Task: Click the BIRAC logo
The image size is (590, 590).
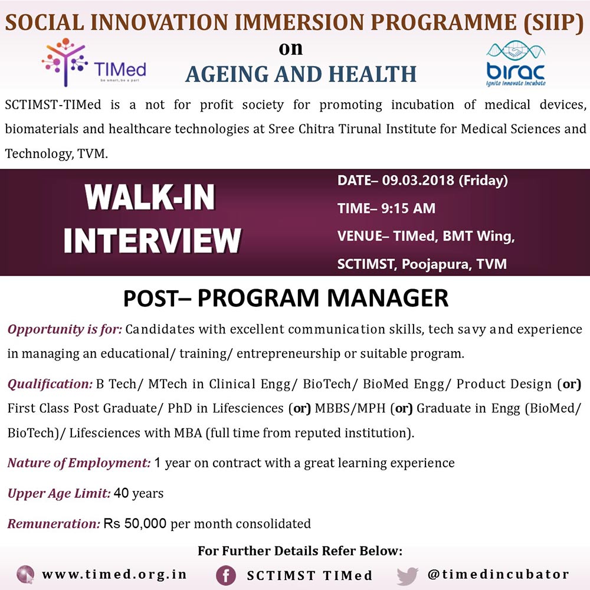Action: (x=516, y=63)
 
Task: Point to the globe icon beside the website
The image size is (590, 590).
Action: (x=25, y=575)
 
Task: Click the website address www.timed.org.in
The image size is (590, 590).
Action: (x=114, y=575)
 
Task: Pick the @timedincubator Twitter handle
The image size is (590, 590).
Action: (x=498, y=574)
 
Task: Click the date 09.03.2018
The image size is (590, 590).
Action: (x=418, y=180)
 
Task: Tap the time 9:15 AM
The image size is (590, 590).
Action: (x=408, y=208)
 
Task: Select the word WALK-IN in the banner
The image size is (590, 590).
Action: (x=150, y=197)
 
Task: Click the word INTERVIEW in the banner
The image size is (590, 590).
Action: (x=152, y=241)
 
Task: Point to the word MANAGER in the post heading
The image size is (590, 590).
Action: (x=388, y=298)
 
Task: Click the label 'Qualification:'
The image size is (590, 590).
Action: (x=50, y=384)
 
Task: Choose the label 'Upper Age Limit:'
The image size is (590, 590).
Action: (x=59, y=493)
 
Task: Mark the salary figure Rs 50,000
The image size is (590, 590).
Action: (x=135, y=523)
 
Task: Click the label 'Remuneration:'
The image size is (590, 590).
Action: (x=54, y=523)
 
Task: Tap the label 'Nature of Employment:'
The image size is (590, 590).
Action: (x=79, y=463)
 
